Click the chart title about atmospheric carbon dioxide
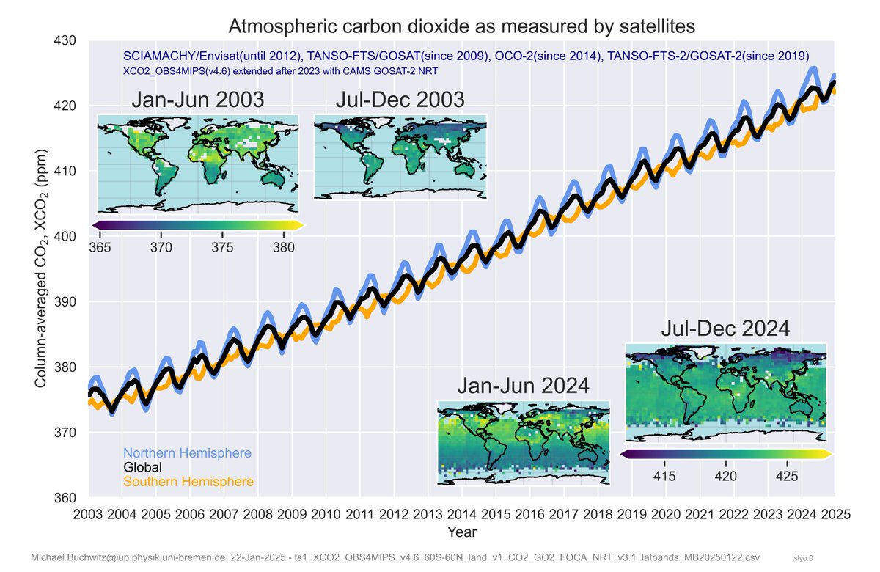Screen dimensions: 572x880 (x=461, y=26)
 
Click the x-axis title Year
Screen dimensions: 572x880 (x=462, y=531)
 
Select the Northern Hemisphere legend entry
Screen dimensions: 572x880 (x=187, y=453)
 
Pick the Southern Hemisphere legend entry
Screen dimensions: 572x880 (x=188, y=482)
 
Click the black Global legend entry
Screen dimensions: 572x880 (x=142, y=467)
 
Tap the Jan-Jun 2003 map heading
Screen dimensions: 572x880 (x=197, y=100)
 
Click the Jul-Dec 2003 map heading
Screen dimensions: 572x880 (x=400, y=100)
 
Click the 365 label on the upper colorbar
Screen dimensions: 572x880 (x=100, y=248)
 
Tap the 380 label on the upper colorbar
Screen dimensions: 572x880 (x=283, y=248)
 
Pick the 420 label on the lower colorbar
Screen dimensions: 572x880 (x=725, y=477)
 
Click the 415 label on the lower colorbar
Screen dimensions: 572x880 (x=664, y=477)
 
